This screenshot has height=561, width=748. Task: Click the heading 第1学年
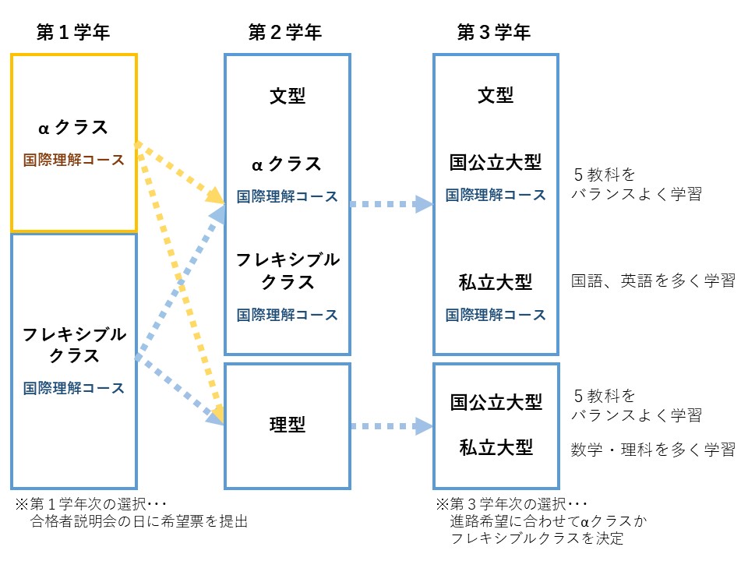(x=73, y=32)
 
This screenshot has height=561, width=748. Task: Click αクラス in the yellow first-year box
(x=73, y=127)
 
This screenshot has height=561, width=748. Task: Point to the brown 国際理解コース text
(x=73, y=161)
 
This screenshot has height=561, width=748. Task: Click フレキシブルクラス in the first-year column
(x=73, y=345)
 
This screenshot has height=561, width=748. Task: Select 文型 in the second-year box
(x=288, y=96)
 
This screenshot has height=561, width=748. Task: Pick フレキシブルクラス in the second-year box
(x=288, y=270)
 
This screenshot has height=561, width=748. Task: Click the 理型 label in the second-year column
(x=288, y=425)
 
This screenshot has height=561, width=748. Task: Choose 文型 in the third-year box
(x=496, y=95)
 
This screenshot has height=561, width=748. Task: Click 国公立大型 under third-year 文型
(x=496, y=162)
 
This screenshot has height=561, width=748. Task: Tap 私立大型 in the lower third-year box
(x=496, y=448)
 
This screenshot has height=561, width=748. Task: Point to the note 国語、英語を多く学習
(x=653, y=281)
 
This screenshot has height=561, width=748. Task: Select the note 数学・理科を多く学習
(x=653, y=449)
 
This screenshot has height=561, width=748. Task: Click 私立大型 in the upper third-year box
(x=496, y=282)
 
